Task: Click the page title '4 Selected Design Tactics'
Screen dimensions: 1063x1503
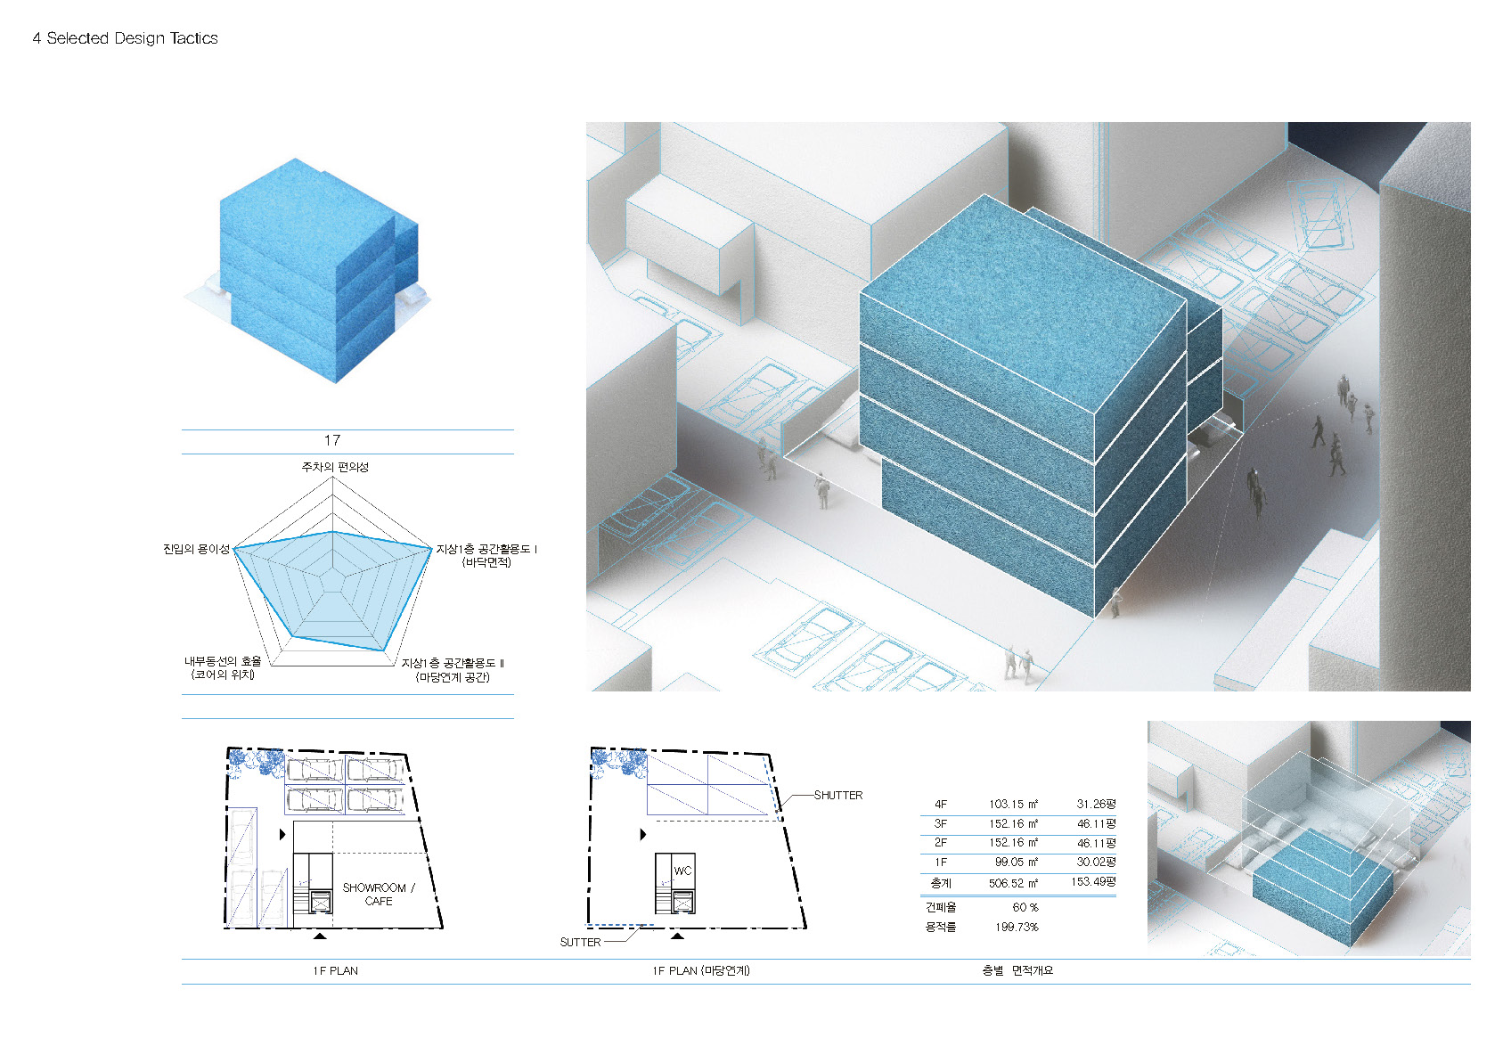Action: click(x=125, y=38)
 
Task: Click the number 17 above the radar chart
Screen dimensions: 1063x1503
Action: click(x=332, y=440)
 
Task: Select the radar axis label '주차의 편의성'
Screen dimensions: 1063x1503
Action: click(x=335, y=467)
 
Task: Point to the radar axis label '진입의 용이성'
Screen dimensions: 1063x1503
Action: click(x=196, y=549)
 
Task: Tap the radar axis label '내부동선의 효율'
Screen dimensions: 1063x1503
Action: click(x=223, y=661)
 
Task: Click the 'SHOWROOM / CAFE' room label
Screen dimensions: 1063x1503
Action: click(x=379, y=895)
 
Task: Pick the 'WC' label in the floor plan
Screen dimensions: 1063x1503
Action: click(x=682, y=871)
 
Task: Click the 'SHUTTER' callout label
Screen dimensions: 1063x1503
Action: click(x=838, y=795)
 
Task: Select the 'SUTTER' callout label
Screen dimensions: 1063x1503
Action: click(x=580, y=942)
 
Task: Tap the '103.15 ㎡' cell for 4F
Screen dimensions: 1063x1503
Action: click(x=1013, y=804)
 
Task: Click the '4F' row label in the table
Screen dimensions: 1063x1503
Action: click(x=941, y=804)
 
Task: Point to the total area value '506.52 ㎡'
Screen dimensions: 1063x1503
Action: click(x=1013, y=883)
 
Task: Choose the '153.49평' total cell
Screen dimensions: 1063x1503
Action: click(x=1093, y=881)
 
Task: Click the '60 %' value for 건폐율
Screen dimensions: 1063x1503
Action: click(x=1025, y=907)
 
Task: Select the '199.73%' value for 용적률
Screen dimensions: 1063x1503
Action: click(x=1017, y=927)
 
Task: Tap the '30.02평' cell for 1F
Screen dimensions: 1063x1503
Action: click(x=1096, y=862)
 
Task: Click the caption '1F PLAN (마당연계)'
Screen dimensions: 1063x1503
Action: click(x=701, y=970)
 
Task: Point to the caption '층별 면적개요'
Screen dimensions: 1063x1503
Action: click(x=1017, y=970)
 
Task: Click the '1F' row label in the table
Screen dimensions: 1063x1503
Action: click(x=941, y=863)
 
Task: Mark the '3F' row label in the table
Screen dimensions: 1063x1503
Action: click(x=941, y=823)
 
